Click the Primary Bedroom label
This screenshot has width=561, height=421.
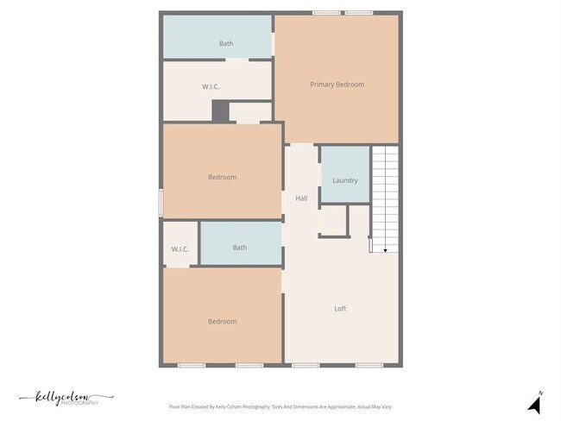point(337,85)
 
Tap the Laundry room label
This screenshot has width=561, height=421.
point(345,180)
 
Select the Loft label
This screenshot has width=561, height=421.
point(341,308)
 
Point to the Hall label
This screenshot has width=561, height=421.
point(301,198)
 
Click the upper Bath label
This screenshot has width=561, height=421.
point(226,43)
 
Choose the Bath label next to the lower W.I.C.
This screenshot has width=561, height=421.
point(240,248)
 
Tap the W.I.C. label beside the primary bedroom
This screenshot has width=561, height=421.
point(211,86)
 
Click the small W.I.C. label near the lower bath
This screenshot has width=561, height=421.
point(180,249)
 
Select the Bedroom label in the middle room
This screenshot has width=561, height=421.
point(222,178)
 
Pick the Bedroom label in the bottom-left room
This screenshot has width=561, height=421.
point(222,322)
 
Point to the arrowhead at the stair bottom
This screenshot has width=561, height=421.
point(385,249)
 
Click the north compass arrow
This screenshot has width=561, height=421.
point(534,405)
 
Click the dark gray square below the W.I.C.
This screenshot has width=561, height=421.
point(220,111)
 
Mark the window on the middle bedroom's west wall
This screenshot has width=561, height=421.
point(161,203)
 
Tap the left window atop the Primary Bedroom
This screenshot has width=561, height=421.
point(325,12)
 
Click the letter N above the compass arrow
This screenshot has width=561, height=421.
point(540,393)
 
